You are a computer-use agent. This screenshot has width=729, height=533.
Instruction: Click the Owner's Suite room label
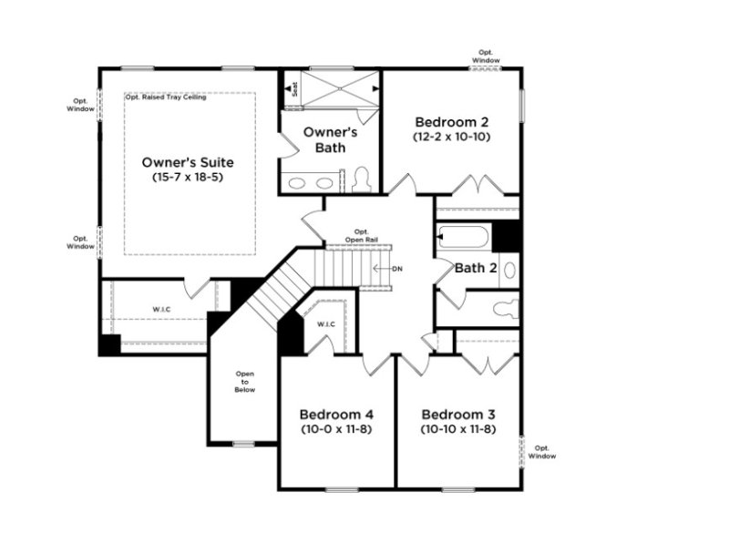coord(188,161)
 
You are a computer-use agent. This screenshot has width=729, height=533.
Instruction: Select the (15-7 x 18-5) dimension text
coord(188,177)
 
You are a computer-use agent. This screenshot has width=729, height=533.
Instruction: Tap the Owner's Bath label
coord(329,139)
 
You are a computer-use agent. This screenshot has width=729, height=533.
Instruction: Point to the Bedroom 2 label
coord(452,122)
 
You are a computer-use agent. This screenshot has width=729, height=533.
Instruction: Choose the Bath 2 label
coord(475,268)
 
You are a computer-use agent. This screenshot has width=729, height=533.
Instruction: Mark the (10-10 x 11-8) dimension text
coord(458,428)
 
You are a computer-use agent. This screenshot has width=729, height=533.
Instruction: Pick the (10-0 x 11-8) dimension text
coord(336,428)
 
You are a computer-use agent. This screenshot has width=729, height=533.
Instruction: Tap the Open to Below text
coord(245,381)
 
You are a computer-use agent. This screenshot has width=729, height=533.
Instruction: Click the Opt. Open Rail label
coord(361,235)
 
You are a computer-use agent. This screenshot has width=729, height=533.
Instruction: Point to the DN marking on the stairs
coord(396,269)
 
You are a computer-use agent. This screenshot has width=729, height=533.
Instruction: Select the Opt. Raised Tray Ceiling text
coord(166,97)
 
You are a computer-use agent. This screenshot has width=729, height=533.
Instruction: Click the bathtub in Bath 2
coord(465,237)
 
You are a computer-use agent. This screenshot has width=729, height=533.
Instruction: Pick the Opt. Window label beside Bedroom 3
coord(544,452)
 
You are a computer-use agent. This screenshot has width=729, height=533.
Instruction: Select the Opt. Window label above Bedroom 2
coord(486,56)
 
